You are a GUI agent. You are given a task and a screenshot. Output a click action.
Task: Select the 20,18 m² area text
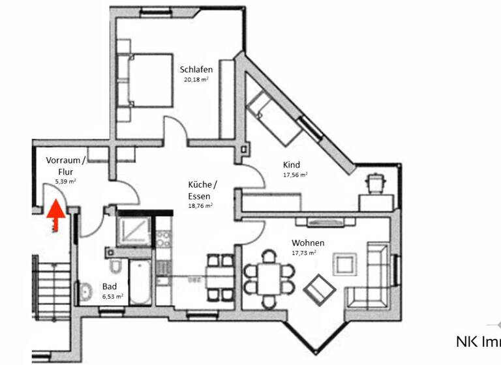pyautogui.click(x=196, y=80)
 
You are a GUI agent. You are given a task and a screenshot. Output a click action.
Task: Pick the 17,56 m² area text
pyautogui.click(x=295, y=175)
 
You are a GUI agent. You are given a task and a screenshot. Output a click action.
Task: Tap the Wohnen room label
pyautogui.click(x=308, y=242)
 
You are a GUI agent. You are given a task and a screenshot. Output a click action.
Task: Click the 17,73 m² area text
pyautogui.click(x=304, y=253)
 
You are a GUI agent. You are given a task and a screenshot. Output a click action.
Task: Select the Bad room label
pyautogui.click(x=110, y=285)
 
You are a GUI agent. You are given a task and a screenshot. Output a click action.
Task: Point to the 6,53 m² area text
pyautogui.click(x=112, y=296)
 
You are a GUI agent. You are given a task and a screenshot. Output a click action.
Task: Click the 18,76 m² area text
pyautogui.click(x=200, y=205)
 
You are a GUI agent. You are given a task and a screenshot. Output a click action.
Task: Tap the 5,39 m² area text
pyautogui.click(x=65, y=182)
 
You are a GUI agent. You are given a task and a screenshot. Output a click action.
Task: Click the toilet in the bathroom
pyautogui.click(x=115, y=267)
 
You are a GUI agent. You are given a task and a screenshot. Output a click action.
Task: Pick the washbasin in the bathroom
pyautogui.click(x=87, y=291)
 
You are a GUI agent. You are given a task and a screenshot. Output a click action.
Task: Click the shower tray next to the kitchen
pyautogui.click(x=134, y=229)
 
